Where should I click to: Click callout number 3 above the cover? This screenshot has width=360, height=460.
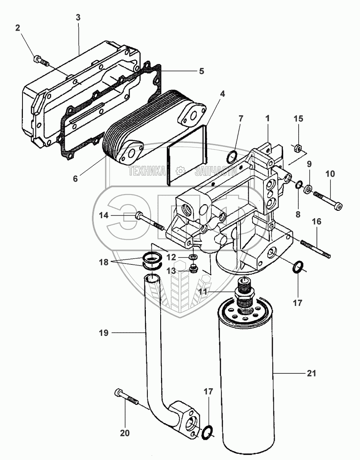pyautogui.click(x=78, y=17)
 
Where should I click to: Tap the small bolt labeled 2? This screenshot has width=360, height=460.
pyautogui.click(x=41, y=61)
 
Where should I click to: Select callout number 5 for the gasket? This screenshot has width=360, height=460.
pyautogui.click(x=201, y=71)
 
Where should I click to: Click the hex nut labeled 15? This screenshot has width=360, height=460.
pyautogui.click(x=298, y=148)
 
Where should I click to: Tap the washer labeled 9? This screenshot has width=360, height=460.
pyautogui.click(x=308, y=189)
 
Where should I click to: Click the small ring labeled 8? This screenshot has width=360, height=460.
pyautogui.click(x=299, y=185)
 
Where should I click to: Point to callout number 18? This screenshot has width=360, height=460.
pyautogui.click(x=104, y=262)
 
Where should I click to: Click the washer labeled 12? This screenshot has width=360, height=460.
pyautogui.click(x=193, y=257)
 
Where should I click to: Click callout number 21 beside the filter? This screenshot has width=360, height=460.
pyautogui.click(x=312, y=373)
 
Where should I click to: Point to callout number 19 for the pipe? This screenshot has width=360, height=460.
pyautogui.click(x=104, y=333)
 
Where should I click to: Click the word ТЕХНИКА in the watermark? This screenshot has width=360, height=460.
pyautogui.click(x=147, y=171)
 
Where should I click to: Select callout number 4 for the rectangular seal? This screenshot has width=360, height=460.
pyautogui.click(x=222, y=94)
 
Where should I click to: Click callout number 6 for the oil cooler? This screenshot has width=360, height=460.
pyautogui.click(x=75, y=178)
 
